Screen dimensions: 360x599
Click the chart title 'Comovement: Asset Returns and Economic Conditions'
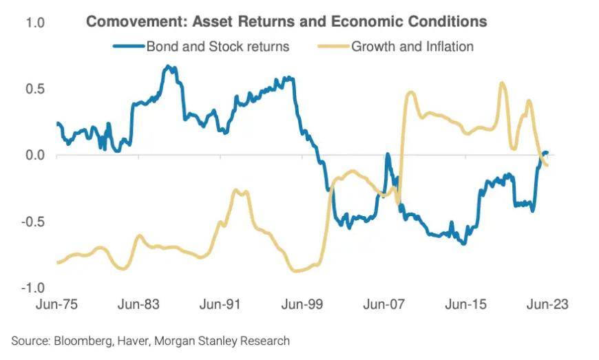point(286,22)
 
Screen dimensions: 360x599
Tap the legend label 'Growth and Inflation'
point(412,47)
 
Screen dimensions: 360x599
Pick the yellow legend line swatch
point(333,47)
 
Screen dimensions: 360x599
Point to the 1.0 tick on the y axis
point(35,23)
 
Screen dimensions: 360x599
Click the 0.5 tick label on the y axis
point(35,89)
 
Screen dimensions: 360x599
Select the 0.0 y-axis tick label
point(35,155)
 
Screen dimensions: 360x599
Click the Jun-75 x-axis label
point(57,304)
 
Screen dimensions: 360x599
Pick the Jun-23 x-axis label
point(547,304)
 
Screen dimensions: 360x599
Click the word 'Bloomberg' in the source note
point(83,340)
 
